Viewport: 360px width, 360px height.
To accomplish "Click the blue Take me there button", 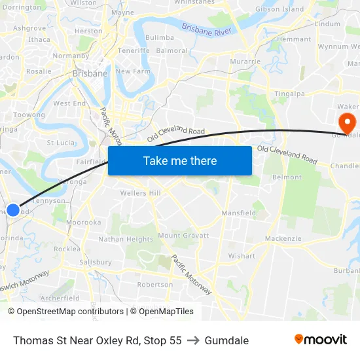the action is click(180, 160).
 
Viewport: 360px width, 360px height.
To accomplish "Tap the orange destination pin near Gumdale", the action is click(346, 120).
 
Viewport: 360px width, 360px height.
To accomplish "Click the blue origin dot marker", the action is click(12, 210).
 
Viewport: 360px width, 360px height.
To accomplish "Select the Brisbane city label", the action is click(90, 73).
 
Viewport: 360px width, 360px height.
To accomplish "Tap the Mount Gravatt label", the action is click(183, 236).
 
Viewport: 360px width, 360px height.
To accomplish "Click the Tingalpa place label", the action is click(289, 94).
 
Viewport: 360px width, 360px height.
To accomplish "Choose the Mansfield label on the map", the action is click(238, 213).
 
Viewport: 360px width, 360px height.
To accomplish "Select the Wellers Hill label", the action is click(140, 193).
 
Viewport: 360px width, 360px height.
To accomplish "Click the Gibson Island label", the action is click(279, 9).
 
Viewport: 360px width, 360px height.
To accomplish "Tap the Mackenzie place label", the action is click(282, 239).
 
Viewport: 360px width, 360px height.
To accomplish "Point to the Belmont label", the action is click(287, 177).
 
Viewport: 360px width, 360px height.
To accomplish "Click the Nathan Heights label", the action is click(126, 240).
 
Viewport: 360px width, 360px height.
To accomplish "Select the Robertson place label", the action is click(155, 285).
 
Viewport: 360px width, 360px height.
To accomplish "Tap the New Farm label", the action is click(133, 71).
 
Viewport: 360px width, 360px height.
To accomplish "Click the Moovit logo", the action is click(320, 339).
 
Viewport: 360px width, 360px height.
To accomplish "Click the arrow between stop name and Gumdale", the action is click(193, 340).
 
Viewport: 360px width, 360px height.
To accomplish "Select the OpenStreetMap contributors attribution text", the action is click(65, 312).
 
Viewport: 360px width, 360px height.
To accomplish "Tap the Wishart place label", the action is click(242, 256).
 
